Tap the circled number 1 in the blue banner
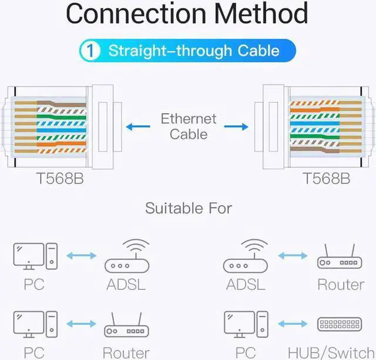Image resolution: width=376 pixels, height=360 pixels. tap(91, 50)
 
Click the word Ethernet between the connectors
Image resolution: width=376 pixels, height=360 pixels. tap(189, 119)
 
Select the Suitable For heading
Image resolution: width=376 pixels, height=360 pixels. tap(189, 208)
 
